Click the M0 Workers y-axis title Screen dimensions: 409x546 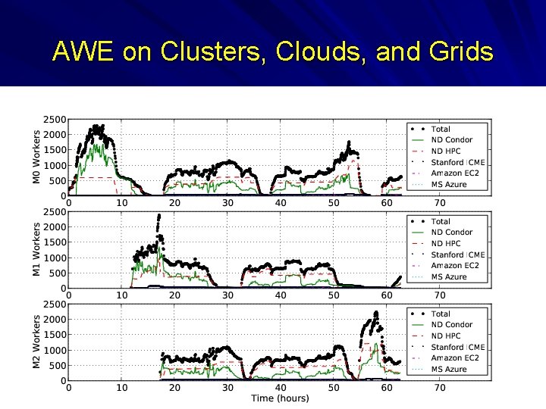[36, 157]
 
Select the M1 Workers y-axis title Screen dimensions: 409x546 [36, 249]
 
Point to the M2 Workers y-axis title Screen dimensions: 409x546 [36, 342]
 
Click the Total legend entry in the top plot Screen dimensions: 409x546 [441, 130]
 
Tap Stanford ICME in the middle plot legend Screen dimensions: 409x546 [458, 254]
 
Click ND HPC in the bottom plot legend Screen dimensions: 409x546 [446, 336]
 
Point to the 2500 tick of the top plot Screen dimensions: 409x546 [55, 120]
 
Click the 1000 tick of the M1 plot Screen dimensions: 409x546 [55, 258]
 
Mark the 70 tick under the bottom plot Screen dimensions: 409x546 [439, 388]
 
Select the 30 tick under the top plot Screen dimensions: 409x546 [227, 203]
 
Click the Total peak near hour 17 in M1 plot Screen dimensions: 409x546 [158, 217]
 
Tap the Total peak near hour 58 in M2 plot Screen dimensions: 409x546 [376, 313]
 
